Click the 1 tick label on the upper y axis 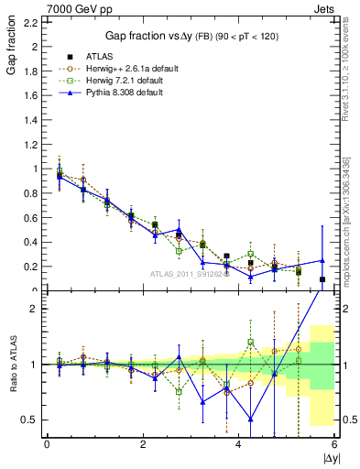[37, 169]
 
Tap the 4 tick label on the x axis [239, 445]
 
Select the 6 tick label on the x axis [334, 445]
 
